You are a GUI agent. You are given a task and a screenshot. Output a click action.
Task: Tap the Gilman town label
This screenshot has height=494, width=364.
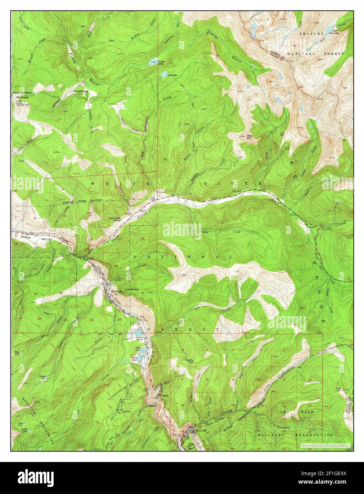pos(164,396)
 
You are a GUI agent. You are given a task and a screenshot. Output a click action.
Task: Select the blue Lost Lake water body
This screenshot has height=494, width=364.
pos(164,74)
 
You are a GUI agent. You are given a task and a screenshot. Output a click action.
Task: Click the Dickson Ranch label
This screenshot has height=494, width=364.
pos(80,91)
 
